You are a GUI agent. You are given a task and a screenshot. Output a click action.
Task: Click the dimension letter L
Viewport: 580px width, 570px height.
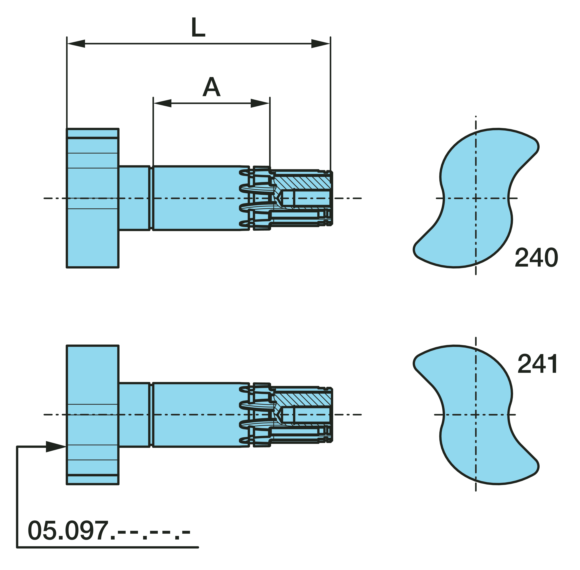[x=198, y=28]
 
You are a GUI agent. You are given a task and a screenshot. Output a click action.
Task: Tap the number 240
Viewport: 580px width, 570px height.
[x=536, y=257]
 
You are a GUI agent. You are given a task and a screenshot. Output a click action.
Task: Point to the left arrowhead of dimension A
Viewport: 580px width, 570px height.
[x=162, y=103]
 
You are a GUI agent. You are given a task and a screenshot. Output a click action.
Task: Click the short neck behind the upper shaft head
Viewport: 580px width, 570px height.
[x=134, y=198]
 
